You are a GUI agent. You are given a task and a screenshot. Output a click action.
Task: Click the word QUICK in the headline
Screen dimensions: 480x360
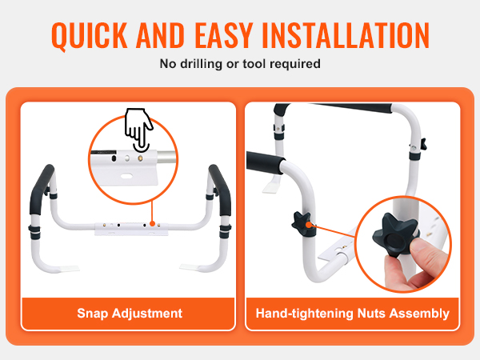[x=89, y=35]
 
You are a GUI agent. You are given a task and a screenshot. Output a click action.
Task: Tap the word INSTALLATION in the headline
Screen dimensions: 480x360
[x=346, y=35]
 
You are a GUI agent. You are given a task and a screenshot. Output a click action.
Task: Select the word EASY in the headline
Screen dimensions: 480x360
[x=223, y=35]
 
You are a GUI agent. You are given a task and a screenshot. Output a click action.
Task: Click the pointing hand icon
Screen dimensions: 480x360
[x=138, y=130]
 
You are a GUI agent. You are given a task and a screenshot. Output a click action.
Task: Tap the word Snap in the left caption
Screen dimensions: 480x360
[x=92, y=314]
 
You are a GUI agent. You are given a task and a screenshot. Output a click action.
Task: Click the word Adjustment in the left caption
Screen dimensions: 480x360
[x=147, y=314]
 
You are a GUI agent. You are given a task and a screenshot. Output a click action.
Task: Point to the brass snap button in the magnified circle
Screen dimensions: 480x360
[x=140, y=158]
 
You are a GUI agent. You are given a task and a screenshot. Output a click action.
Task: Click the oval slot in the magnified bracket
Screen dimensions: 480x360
[x=126, y=176]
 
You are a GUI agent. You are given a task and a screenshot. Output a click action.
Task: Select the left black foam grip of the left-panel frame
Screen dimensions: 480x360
[x=42, y=190]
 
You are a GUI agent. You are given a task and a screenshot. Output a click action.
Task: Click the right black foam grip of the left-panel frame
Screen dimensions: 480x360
[x=220, y=190]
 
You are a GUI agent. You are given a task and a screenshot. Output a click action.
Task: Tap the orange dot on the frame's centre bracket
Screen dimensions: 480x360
[x=152, y=224]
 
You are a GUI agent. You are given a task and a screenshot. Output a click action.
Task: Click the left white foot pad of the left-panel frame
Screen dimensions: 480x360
[x=68, y=269]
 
